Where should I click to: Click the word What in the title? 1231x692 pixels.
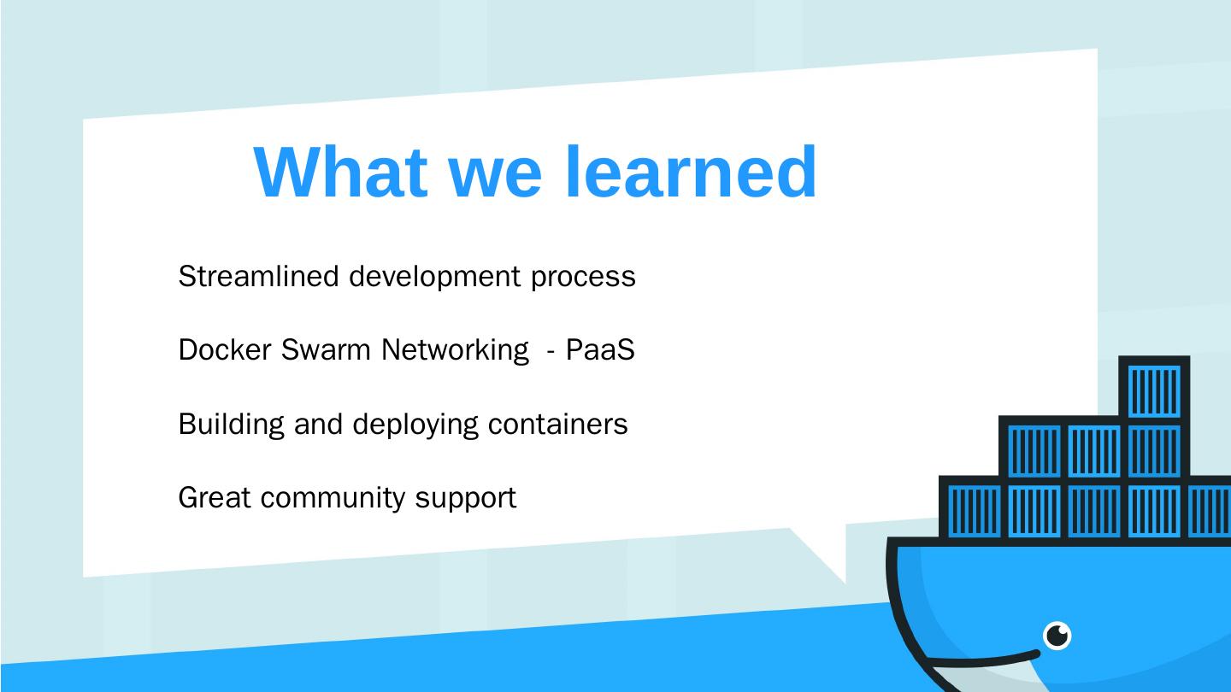[340, 172]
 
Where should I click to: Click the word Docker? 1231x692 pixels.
[224, 349]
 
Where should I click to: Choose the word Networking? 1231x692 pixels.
[455, 350]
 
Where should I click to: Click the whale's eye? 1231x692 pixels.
[1057, 636]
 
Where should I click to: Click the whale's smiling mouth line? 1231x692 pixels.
[983, 660]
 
